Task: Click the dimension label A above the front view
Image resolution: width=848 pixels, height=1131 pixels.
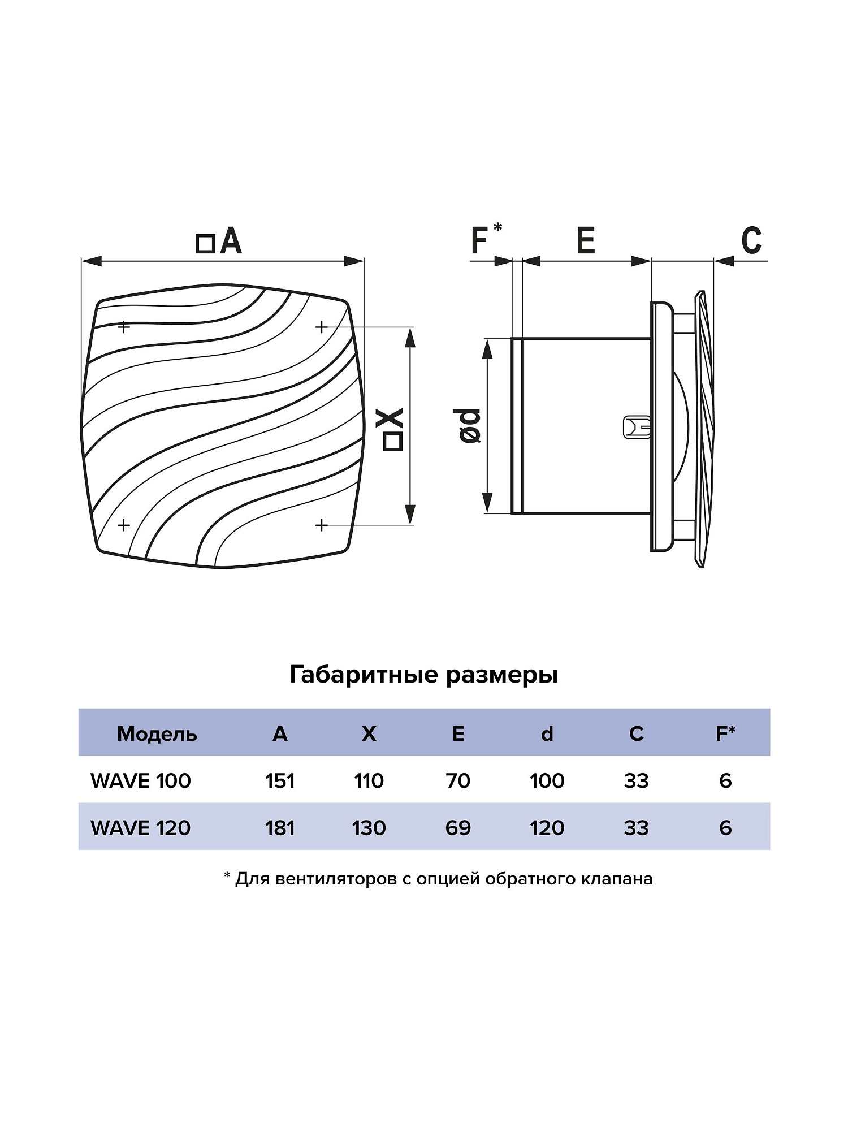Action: pyautogui.click(x=219, y=241)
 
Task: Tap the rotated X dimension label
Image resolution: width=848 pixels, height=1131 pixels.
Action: pyautogui.click(x=393, y=429)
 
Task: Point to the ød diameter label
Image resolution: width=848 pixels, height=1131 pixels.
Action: pyautogui.click(x=470, y=425)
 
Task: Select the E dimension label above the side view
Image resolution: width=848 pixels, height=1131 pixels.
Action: pyautogui.click(x=586, y=240)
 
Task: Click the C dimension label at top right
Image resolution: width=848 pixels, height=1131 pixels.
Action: pyautogui.click(x=751, y=240)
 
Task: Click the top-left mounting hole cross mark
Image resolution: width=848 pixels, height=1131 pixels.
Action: pyautogui.click(x=124, y=327)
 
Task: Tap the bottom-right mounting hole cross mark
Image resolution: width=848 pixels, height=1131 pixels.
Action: pyautogui.click(x=322, y=525)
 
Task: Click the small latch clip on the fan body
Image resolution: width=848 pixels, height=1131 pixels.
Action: pyautogui.click(x=637, y=428)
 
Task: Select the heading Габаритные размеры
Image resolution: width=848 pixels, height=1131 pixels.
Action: pyautogui.click(x=423, y=675)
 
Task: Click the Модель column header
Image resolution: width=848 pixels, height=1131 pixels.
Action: pyautogui.click(x=157, y=734)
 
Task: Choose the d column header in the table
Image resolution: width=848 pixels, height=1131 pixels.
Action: pyautogui.click(x=547, y=734)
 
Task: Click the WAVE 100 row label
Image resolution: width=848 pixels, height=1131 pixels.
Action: pyautogui.click(x=141, y=781)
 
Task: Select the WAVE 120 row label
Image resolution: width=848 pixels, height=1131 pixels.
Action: pyautogui.click(x=141, y=828)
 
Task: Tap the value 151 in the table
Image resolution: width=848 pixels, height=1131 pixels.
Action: pyautogui.click(x=280, y=781)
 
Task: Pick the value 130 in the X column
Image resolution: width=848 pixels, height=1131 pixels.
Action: pyautogui.click(x=369, y=828)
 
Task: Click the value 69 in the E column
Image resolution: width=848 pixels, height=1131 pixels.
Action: pyautogui.click(x=458, y=828)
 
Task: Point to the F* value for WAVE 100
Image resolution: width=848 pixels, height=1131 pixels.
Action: pyautogui.click(x=725, y=781)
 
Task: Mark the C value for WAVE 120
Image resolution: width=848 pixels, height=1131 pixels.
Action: pyautogui.click(x=636, y=828)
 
